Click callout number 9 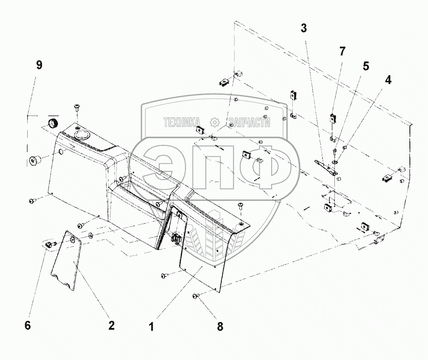pyautogui.click(x=39, y=66)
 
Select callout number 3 pyautogui.click(x=304, y=28)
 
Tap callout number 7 pyautogui.click(x=342, y=51)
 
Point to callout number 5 pyautogui.click(x=366, y=66)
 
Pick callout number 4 pyautogui.click(x=388, y=80)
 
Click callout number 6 pyautogui.click(x=28, y=325)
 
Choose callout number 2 pyautogui.click(x=111, y=325)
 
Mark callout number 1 pyautogui.click(x=151, y=326)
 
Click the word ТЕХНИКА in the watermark pyautogui.click(x=182, y=122)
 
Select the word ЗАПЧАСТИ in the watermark pyautogui.click(x=249, y=123)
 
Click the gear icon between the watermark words pyautogui.click(x=214, y=122)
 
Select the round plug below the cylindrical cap pyautogui.click(x=34, y=160)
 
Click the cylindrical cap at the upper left pyautogui.click(x=53, y=123)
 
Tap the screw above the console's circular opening pyautogui.click(x=77, y=107)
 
